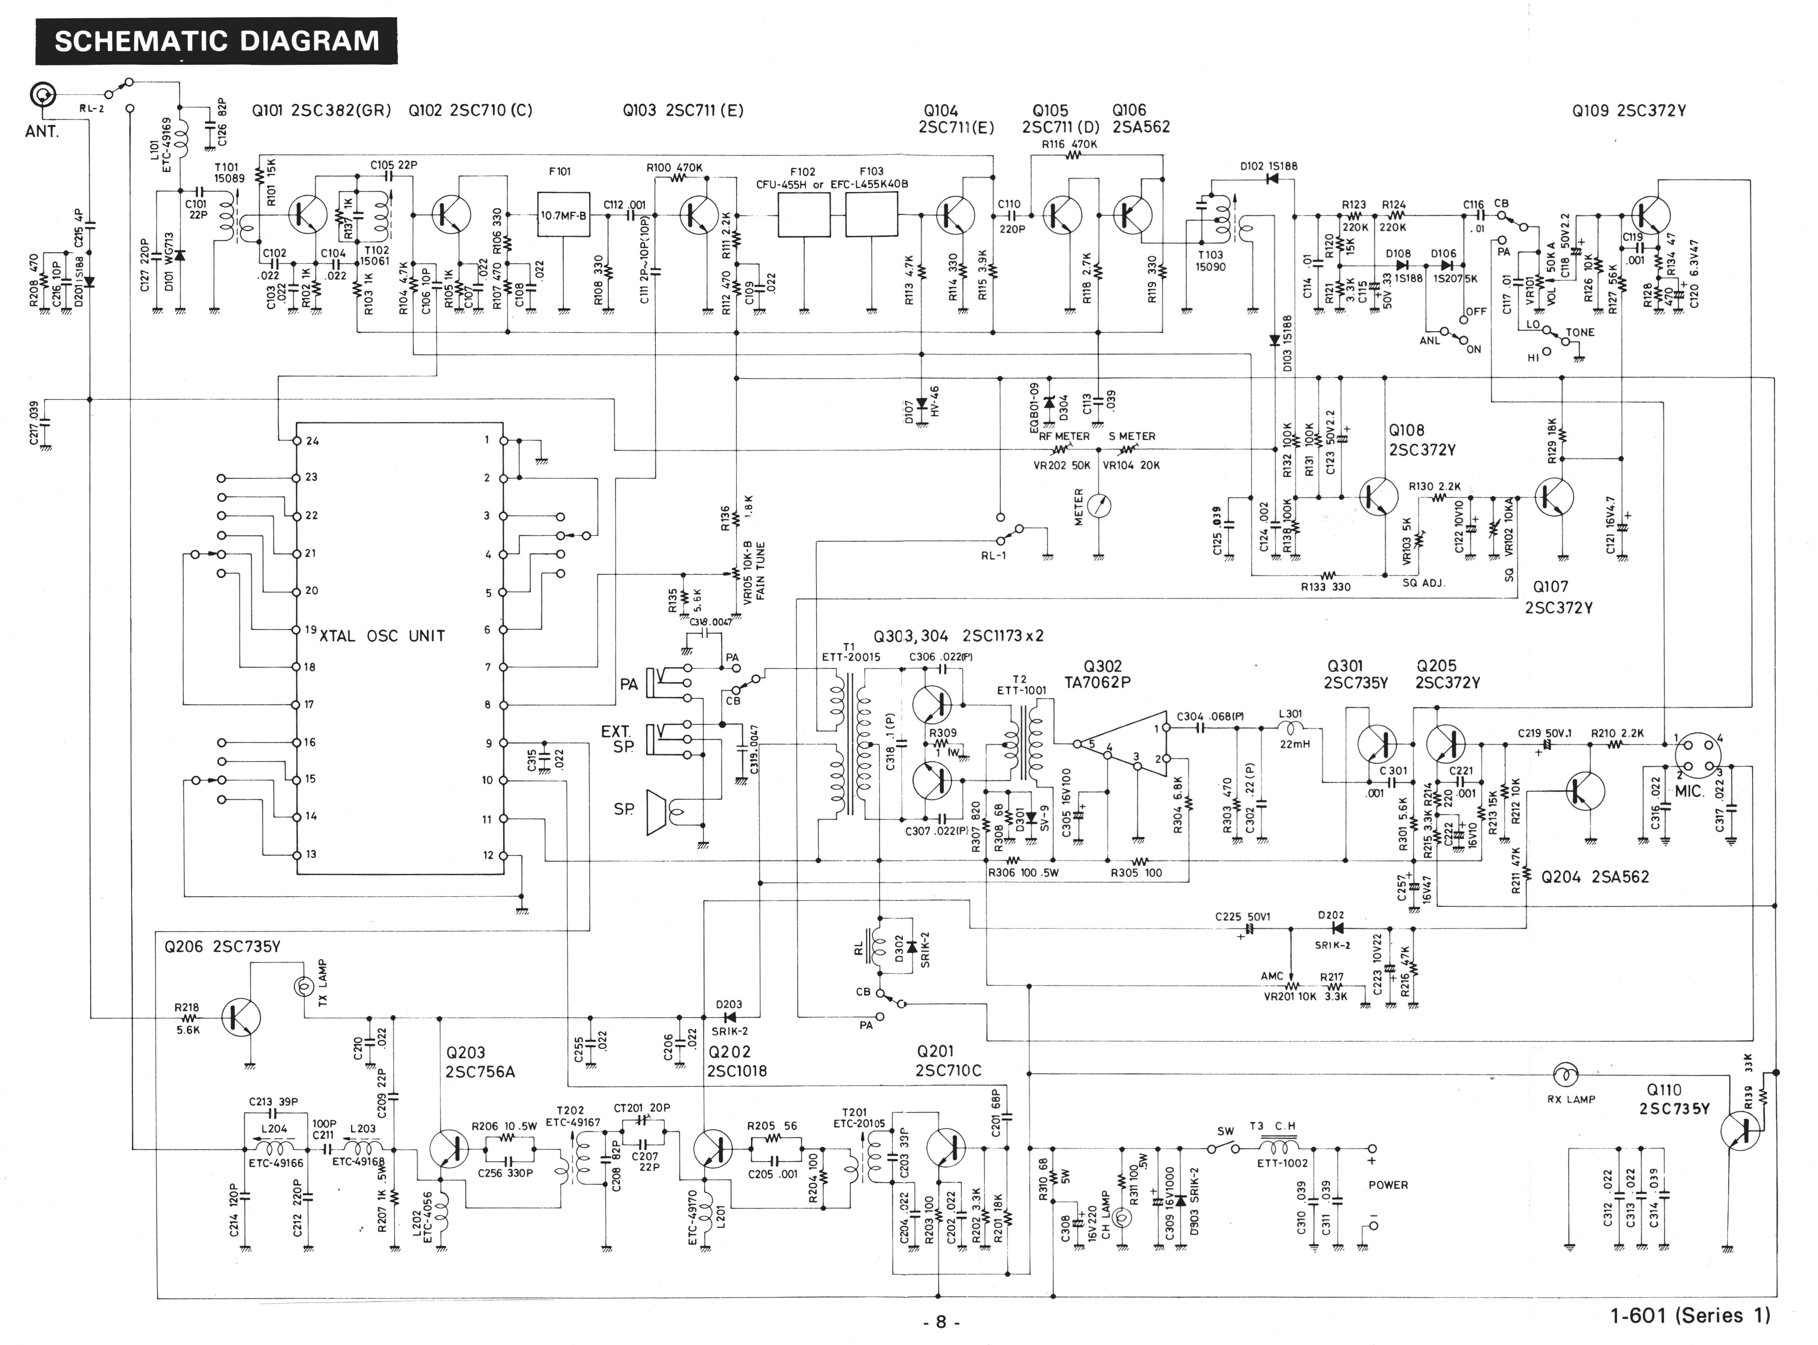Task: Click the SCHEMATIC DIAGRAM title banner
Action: point(217,41)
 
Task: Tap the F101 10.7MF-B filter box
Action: point(564,215)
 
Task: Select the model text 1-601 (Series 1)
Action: point(1690,1315)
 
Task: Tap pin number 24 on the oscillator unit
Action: point(312,441)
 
